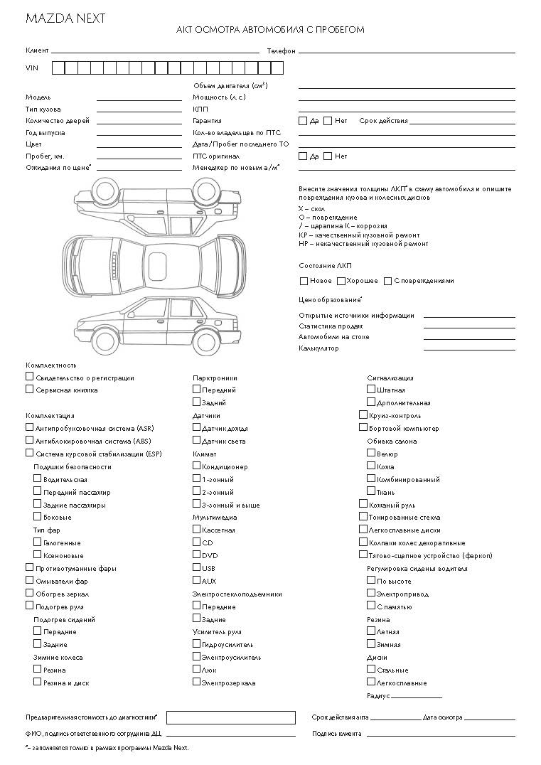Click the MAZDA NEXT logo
tap(65, 18)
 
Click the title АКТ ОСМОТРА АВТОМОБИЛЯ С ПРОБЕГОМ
tap(270, 30)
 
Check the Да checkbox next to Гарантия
tap(303, 121)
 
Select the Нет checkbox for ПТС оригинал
tap(328, 156)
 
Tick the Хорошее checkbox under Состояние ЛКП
tap(341, 281)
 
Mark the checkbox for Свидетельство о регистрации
tap(30, 377)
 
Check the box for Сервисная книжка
tap(30, 389)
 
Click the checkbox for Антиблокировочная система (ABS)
tap(30, 440)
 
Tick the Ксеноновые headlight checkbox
tap(38, 555)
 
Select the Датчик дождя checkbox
tap(197, 427)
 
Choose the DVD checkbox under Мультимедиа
tap(197, 555)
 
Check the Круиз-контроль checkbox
tap(363, 415)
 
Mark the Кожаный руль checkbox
tap(363, 503)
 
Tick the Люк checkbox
tap(197, 669)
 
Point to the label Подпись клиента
tap(336, 734)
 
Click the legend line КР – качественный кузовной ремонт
tap(359, 235)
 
